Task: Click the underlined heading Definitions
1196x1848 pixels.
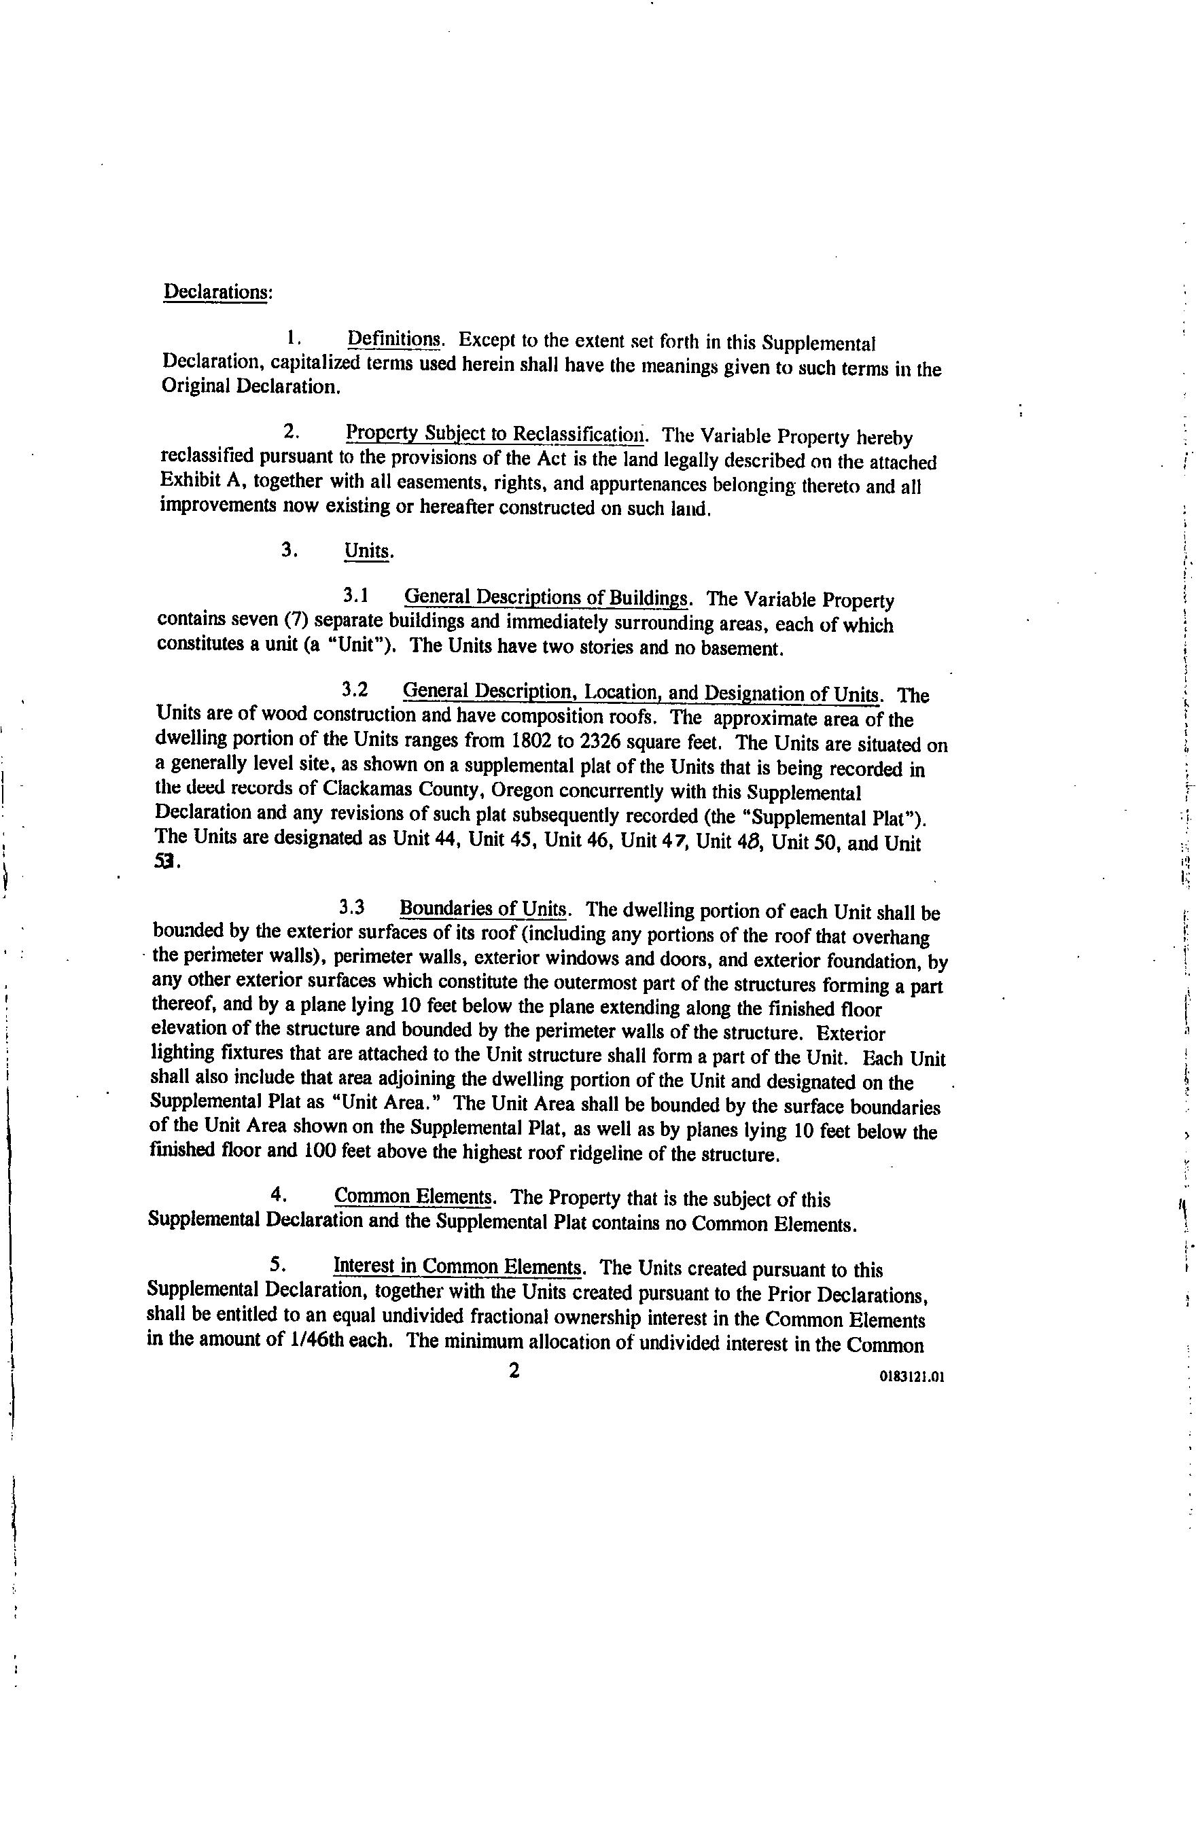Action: click(x=395, y=339)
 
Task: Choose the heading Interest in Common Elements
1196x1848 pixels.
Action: click(x=458, y=1266)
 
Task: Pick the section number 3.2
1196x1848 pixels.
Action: click(x=354, y=690)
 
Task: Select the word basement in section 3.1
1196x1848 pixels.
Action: click(x=739, y=647)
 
